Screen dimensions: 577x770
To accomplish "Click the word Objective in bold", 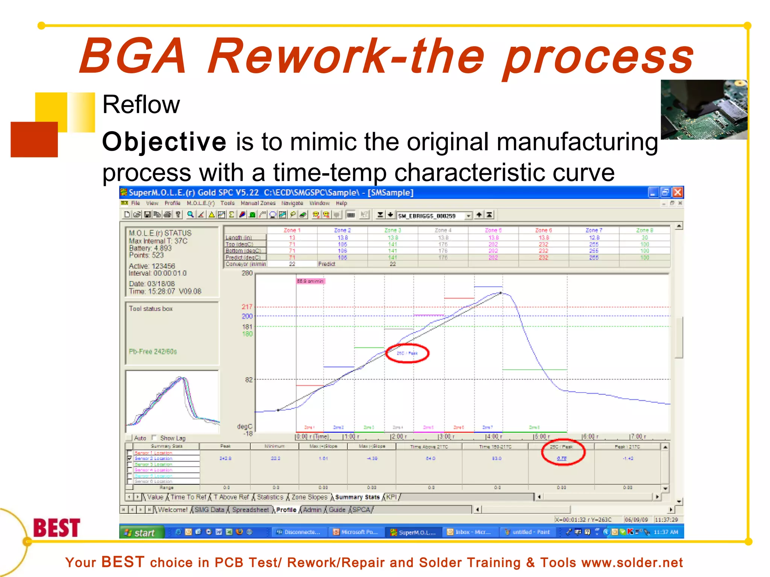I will (x=164, y=142).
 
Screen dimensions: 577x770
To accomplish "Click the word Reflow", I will (x=141, y=105).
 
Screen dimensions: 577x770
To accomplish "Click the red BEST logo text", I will (x=57, y=528).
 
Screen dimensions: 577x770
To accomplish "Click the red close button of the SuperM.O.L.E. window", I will (x=678, y=193).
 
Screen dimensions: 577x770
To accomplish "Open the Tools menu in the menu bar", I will (x=227, y=203).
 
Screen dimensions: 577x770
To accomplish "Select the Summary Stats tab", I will (x=357, y=497).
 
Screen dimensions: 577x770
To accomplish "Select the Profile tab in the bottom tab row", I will (x=286, y=510).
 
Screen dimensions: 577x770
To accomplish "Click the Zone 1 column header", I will (x=292, y=230).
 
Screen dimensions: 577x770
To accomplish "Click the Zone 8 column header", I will (x=644, y=230).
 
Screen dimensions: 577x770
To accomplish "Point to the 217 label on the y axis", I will (x=247, y=307).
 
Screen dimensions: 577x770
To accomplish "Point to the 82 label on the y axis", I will (x=249, y=380).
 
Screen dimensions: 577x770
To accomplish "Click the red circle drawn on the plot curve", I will (x=407, y=353).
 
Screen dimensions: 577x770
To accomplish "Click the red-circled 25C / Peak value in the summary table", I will (x=562, y=458).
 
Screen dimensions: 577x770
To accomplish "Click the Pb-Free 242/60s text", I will (x=153, y=352).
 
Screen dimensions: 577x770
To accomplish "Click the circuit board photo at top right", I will (x=703, y=110).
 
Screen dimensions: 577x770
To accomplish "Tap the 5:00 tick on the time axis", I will (x=541, y=437).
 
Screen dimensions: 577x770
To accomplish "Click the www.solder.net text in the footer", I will (x=632, y=563).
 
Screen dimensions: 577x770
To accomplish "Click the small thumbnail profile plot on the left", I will (x=173, y=401).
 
